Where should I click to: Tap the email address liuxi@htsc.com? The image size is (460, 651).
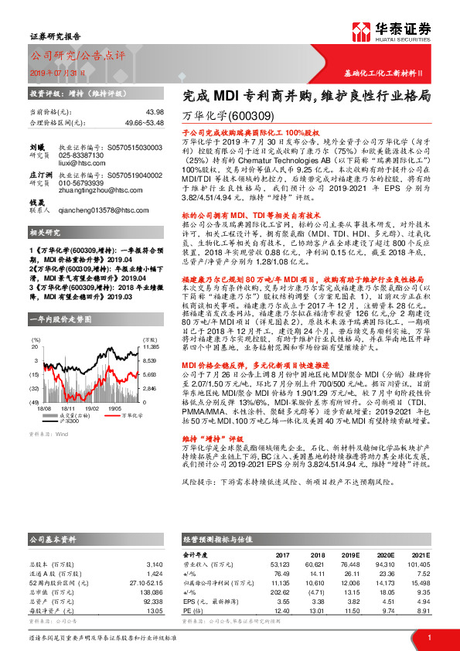point(81,164)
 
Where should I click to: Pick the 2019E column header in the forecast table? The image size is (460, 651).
point(352,554)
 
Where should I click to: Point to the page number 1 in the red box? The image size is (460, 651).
point(428,636)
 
